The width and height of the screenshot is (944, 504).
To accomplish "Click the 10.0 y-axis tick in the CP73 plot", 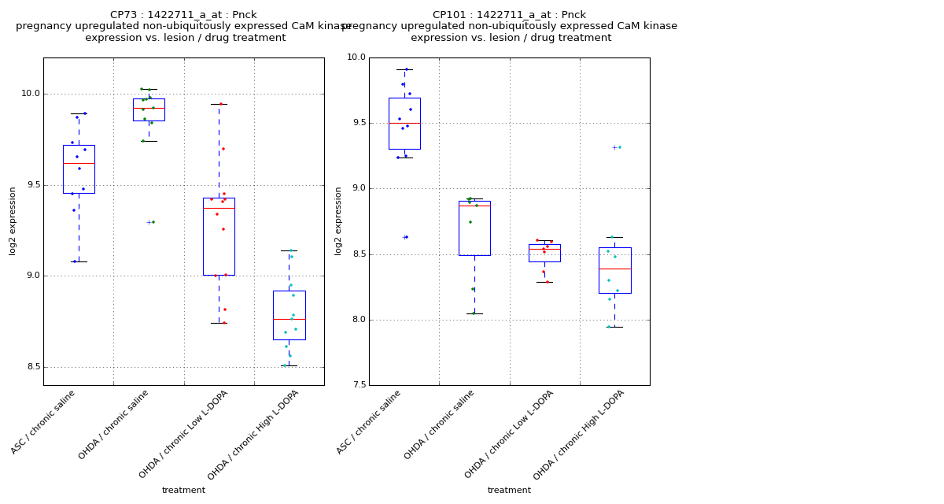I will coord(31,94).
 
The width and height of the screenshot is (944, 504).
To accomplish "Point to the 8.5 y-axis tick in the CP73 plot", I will coord(31,367).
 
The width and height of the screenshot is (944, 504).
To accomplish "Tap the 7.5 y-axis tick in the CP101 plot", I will coord(356,385).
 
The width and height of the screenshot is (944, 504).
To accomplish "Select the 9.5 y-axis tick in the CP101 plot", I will coord(356,123).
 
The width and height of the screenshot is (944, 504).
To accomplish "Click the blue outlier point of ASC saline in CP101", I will coord(407,237).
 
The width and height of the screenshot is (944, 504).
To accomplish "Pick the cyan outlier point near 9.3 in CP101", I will coord(619,147).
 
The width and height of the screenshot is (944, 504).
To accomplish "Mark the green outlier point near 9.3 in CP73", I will coord(153,222).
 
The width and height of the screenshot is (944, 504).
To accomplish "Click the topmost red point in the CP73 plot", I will coord(221,104).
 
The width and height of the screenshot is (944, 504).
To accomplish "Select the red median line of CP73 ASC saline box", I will coord(79,163).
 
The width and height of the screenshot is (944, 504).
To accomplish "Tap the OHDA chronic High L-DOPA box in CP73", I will coord(289,315).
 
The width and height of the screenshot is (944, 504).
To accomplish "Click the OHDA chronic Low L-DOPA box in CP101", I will coord(544,253).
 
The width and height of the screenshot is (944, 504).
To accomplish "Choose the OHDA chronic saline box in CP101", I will coord(474,228).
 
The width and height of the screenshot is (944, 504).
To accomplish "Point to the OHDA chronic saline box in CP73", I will coord(149,109).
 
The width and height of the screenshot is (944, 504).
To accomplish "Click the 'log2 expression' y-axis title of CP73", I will coord(13,220).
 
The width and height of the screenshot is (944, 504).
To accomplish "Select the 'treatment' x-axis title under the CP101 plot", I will coord(509,491).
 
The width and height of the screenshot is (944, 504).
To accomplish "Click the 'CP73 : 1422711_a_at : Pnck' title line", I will coord(183,15).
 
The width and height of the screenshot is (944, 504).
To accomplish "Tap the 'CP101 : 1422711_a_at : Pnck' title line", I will coord(509,15).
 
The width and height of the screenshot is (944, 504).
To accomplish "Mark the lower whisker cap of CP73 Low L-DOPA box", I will coord(219,323).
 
